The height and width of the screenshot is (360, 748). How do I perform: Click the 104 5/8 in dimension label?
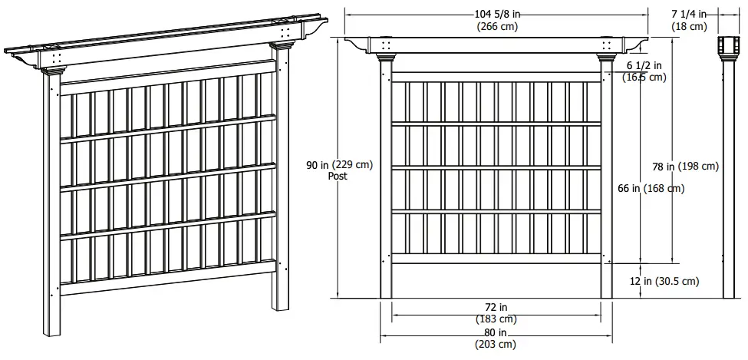tap(496, 13)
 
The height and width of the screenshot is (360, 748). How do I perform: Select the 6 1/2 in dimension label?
tap(644, 65)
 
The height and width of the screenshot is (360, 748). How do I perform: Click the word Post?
tap(338, 176)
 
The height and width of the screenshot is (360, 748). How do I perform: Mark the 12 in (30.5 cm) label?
tap(664, 282)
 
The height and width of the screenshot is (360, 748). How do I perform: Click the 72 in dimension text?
tap(496, 306)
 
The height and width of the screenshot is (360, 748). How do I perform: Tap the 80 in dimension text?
tap(496, 332)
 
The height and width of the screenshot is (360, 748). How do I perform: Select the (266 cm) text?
tap(496, 26)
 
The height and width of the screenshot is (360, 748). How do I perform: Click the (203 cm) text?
tap(496, 345)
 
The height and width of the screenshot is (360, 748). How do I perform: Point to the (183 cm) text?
tap(496, 319)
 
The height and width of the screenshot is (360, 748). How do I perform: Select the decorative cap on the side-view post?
tap(725, 47)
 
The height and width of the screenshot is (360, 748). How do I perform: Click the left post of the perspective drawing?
tap(51, 200)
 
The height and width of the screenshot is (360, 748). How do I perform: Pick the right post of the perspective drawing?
tap(282, 177)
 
